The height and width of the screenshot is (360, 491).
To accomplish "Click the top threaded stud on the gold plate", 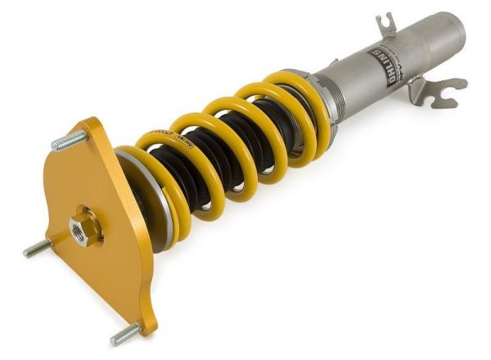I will point(69,141).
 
